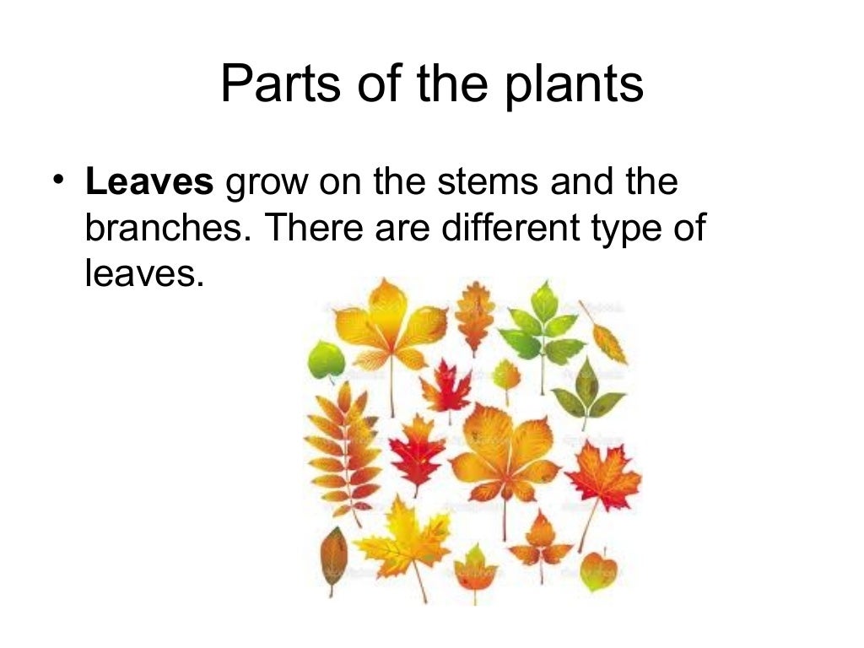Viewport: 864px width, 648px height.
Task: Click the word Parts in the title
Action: coord(267,85)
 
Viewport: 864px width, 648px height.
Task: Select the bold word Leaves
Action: coord(149,183)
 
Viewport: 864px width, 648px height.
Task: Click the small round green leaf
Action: coord(326,360)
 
